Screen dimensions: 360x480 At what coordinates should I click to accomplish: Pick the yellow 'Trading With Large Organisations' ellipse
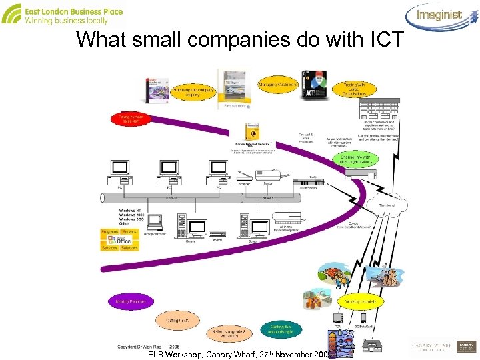[x=354, y=89]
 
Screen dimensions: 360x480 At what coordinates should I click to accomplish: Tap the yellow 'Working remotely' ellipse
[x=361, y=302]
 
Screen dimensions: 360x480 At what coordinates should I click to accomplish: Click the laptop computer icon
[x=153, y=224]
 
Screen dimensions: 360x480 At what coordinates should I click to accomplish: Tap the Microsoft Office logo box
[x=119, y=241]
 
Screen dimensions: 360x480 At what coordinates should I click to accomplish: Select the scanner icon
[x=235, y=174]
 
